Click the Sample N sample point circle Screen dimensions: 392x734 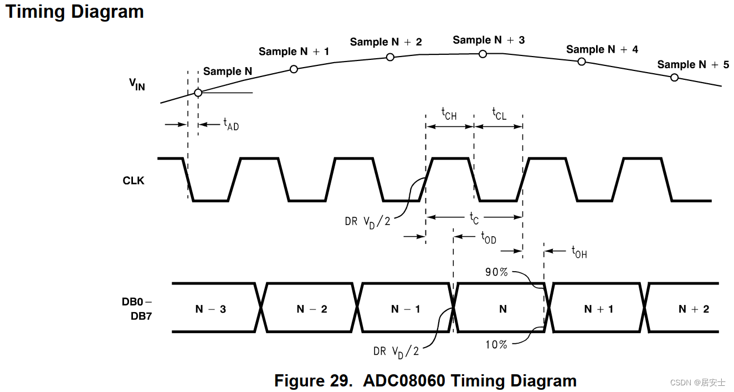198,93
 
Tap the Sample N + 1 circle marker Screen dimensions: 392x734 294,69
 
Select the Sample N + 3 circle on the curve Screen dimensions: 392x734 483,54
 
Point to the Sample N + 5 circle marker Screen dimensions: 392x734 674,78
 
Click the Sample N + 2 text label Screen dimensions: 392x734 386,42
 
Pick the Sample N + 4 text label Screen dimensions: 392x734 602,49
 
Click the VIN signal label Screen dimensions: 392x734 137,84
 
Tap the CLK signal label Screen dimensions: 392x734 134,181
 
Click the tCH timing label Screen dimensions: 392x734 449,114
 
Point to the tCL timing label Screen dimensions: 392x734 499,114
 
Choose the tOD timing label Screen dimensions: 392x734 488,238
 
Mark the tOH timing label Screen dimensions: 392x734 579,252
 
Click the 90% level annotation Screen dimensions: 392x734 496,272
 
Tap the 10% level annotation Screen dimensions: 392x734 496,344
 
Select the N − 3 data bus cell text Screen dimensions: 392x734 211,309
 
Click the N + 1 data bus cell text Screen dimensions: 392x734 598,309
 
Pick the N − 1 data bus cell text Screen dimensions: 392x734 406,309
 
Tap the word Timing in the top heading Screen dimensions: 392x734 33,12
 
